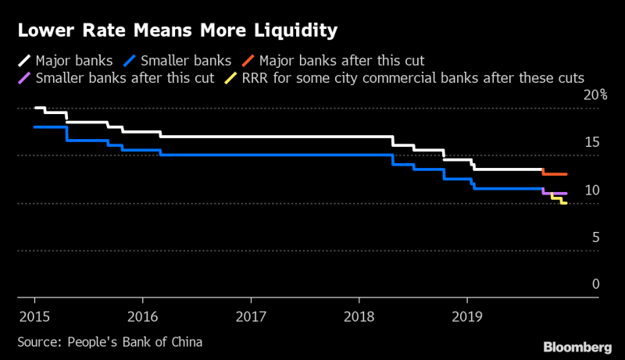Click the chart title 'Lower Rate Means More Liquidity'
pyautogui.click(x=177, y=31)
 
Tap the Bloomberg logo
pyautogui.click(x=577, y=346)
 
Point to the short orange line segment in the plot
pyautogui.click(x=555, y=174)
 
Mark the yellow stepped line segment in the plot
pyautogui.click(x=557, y=199)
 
